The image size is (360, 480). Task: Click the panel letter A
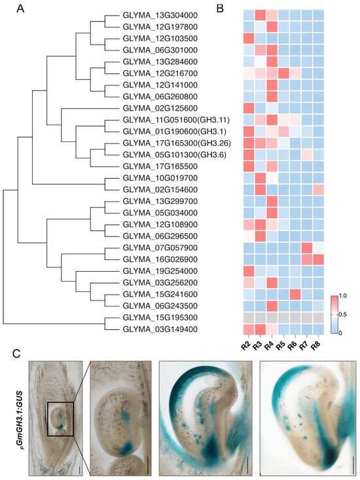coord(20,9)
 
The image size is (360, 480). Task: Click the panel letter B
coord(220,9)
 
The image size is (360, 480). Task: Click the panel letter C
coord(16,354)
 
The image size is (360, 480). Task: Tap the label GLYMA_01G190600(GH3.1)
coord(174,132)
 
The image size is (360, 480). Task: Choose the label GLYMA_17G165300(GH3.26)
coord(177,143)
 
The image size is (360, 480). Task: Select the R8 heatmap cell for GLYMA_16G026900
coord(318,259)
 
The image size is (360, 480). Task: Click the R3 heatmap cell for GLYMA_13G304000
coord(261,15)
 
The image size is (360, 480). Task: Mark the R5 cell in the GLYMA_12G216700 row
coord(283,73)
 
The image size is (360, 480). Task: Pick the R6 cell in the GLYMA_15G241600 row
coord(295,295)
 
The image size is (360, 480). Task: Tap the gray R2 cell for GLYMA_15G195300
coord(249,318)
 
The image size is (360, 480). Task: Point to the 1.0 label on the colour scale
coord(343,296)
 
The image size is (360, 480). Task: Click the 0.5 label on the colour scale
coord(344,314)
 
